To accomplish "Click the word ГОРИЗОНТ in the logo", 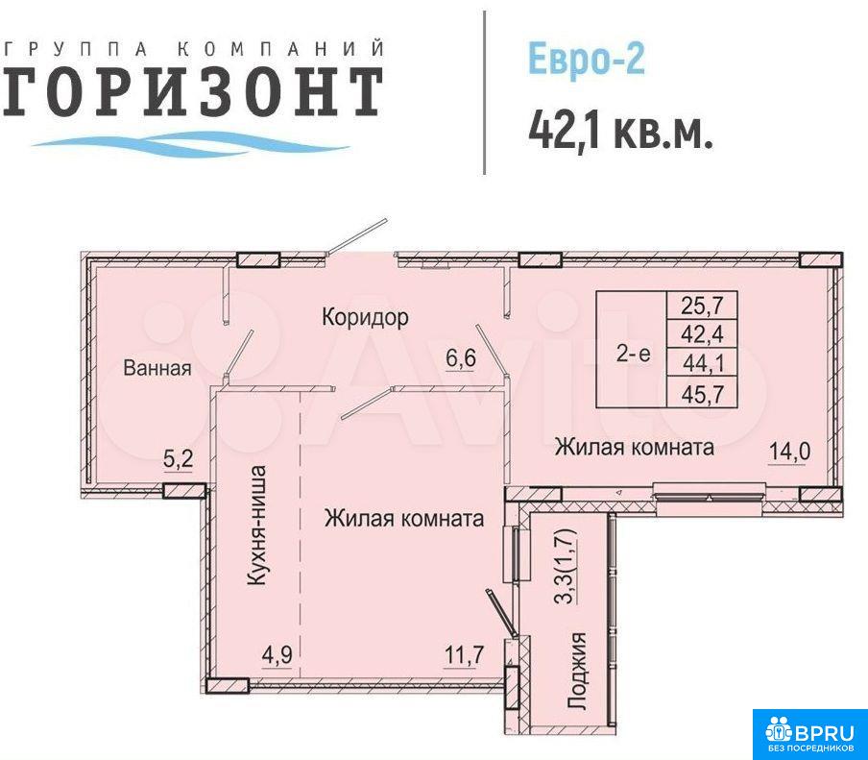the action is (193, 92).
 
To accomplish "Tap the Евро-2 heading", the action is (587, 59).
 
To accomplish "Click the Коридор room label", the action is (366, 317).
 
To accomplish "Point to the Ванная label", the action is (157, 368).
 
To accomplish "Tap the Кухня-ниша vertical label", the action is (257, 526).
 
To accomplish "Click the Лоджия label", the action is (577, 671).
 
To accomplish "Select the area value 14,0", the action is (789, 452).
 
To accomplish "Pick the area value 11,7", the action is (464, 655).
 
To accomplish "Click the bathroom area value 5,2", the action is (179, 458).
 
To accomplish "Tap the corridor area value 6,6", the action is (461, 358).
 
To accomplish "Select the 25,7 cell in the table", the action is (702, 305).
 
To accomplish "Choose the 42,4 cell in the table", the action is (702, 334).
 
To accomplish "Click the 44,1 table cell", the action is (702, 363).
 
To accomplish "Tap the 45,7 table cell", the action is (702, 393).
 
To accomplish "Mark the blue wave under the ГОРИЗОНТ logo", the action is (190, 142).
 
